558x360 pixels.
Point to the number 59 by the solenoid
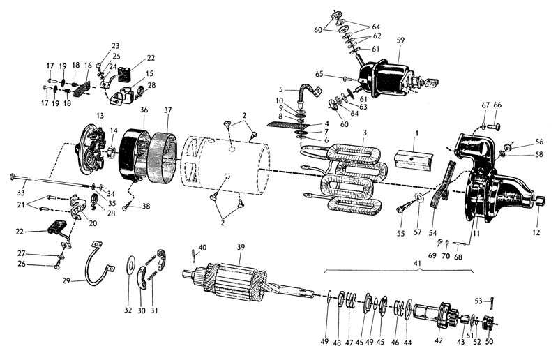(400, 40)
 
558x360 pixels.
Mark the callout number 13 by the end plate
(100, 114)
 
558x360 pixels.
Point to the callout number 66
(498, 105)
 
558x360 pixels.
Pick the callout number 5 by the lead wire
(281, 89)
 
